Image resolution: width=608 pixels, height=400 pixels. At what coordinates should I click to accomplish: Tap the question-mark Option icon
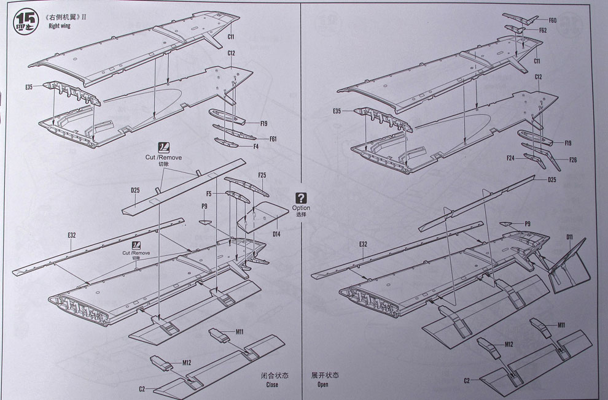click(x=301, y=198)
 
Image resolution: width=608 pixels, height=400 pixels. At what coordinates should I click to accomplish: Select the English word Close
click(x=272, y=385)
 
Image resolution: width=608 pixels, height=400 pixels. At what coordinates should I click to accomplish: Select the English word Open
click(x=323, y=385)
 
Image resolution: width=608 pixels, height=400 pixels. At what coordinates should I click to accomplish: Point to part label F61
click(x=273, y=139)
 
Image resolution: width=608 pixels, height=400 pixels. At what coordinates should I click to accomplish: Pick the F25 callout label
click(x=262, y=176)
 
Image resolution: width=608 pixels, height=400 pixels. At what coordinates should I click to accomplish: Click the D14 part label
click(x=276, y=234)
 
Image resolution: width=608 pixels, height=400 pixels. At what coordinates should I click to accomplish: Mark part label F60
click(x=552, y=20)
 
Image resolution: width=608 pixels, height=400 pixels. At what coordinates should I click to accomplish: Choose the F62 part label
click(x=543, y=30)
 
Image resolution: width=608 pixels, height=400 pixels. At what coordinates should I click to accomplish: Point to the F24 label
click(x=511, y=158)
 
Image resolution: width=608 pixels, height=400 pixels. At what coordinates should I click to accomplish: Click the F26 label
click(x=572, y=160)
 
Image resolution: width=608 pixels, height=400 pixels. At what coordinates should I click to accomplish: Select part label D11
click(x=569, y=236)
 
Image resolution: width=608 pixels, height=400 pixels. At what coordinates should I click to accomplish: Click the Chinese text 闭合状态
click(x=273, y=375)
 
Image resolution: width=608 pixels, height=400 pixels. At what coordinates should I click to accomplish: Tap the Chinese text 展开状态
click(x=325, y=375)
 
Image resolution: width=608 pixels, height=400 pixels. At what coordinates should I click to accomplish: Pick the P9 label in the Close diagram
click(x=203, y=206)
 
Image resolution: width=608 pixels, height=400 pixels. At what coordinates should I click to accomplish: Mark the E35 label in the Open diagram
click(x=337, y=112)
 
